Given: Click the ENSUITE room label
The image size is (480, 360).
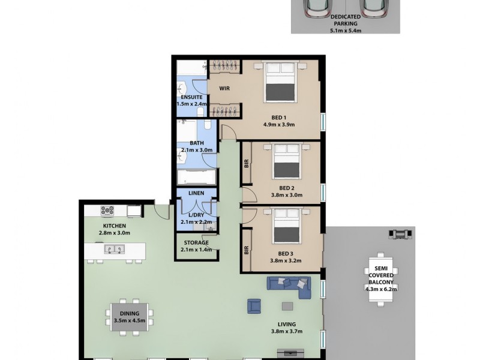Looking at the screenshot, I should [191, 97].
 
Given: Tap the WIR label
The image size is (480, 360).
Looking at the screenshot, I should [225, 89].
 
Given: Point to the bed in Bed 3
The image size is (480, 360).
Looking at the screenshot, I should [286, 226].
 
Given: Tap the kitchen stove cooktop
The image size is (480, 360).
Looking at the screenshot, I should [107, 211].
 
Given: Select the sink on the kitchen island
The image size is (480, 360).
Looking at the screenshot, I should [111, 249].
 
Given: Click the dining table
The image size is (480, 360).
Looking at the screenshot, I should [130, 316].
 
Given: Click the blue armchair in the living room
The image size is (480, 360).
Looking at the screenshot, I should [255, 306].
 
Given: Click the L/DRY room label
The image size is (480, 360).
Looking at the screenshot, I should [196, 215].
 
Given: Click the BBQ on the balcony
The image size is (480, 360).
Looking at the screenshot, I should [401, 232].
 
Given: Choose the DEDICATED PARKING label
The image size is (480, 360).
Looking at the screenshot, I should [345, 20].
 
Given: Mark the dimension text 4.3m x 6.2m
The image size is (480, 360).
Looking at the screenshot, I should [381, 289].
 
